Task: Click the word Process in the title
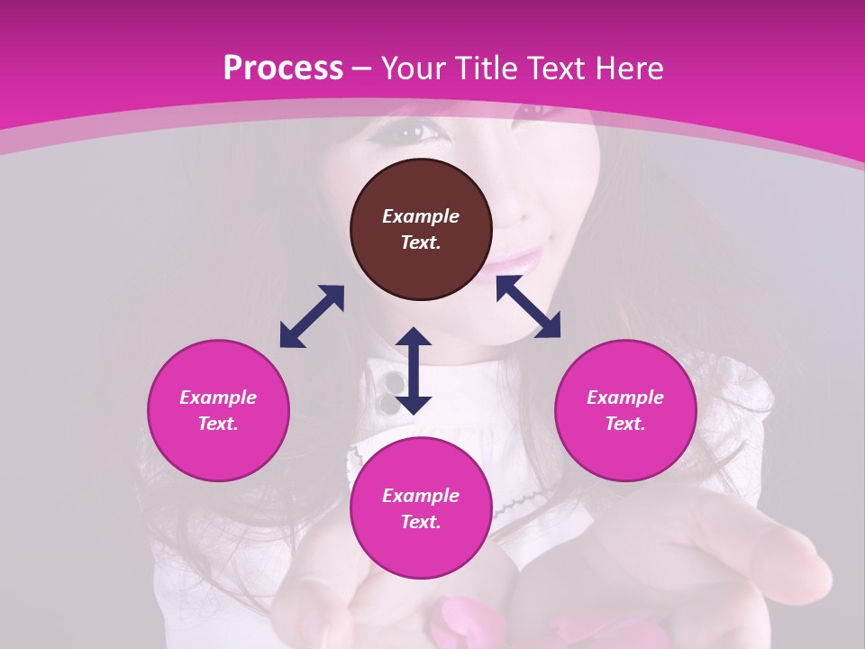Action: (x=283, y=69)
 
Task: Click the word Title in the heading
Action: (x=485, y=69)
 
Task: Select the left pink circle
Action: (x=218, y=410)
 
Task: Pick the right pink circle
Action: (x=625, y=410)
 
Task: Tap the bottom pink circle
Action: (x=421, y=508)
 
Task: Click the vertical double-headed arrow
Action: (x=414, y=370)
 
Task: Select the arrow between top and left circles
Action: (x=312, y=316)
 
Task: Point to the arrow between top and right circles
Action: (x=528, y=306)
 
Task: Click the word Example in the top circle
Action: (x=421, y=216)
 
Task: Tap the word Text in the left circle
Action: (x=218, y=424)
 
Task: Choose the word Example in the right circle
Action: (x=625, y=398)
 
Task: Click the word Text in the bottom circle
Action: (x=421, y=522)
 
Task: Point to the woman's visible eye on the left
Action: (x=411, y=132)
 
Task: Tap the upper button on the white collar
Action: (x=394, y=382)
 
